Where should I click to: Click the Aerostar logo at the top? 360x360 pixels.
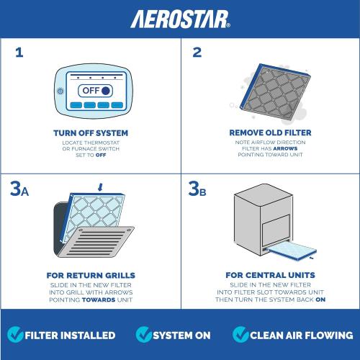180,17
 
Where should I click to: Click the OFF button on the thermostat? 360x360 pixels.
95,91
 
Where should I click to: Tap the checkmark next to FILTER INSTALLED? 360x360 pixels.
14,335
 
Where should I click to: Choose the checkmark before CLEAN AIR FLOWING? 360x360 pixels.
240,335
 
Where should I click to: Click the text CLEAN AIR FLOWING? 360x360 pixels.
302,336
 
